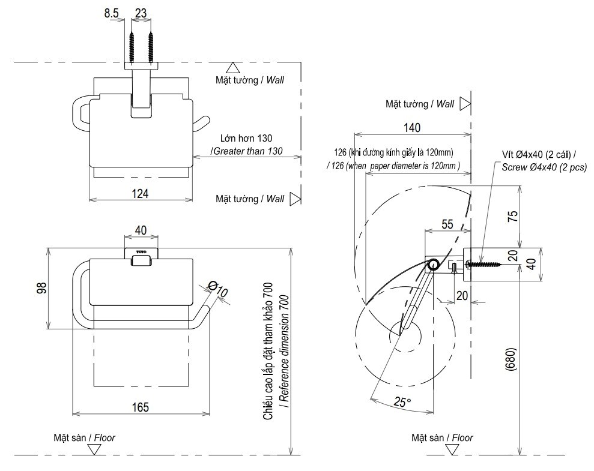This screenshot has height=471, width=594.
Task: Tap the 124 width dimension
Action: [140, 193]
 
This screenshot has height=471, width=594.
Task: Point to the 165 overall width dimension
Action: [141, 406]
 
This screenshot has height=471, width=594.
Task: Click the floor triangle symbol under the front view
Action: [91, 449]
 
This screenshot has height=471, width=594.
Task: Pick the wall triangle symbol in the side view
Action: [464, 104]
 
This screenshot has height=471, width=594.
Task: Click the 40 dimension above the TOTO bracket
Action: [141, 231]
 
